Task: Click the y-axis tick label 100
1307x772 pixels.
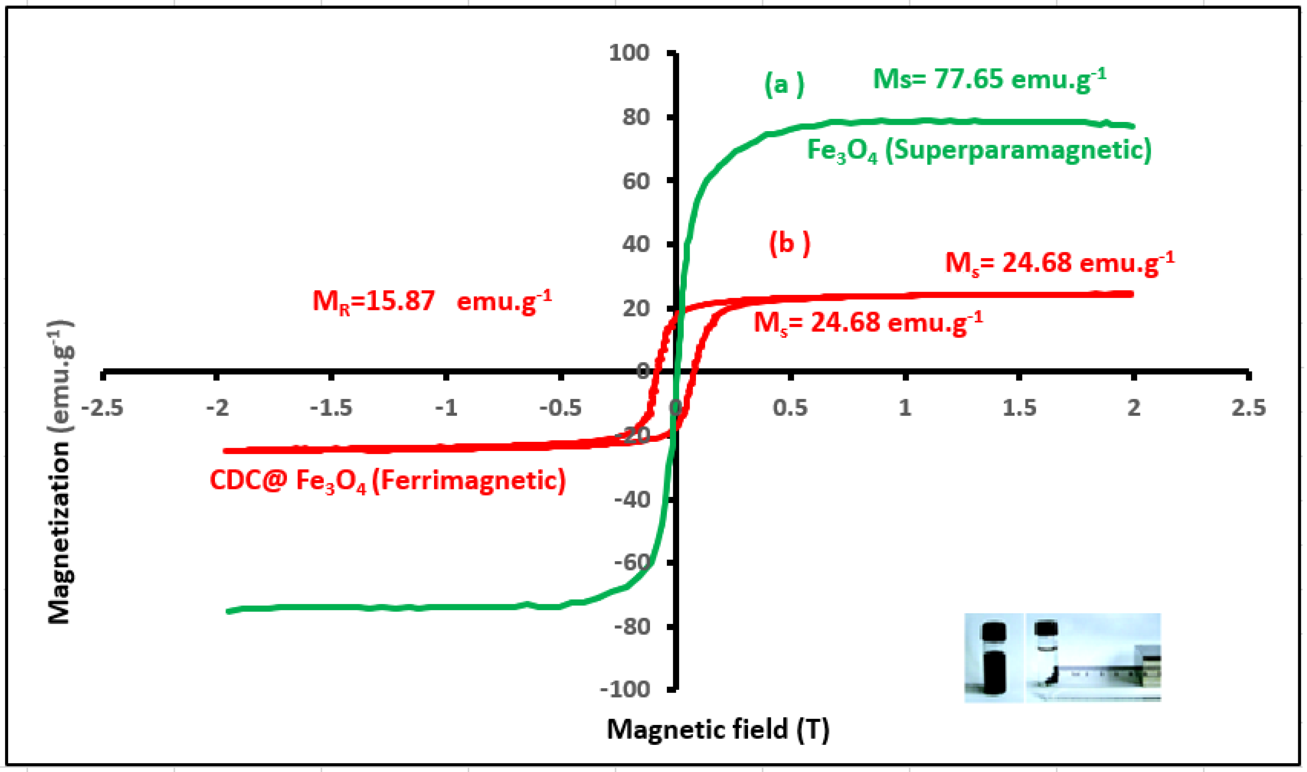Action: [x=629, y=53]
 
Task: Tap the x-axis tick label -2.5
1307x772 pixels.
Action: [x=103, y=408]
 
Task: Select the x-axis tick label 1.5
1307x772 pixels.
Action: [x=1019, y=408]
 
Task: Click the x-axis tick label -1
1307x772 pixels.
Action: [x=446, y=408]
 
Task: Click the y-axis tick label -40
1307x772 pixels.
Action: [x=632, y=500]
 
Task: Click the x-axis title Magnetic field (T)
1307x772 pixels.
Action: [x=718, y=729]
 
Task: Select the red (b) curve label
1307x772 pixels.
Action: [x=789, y=243]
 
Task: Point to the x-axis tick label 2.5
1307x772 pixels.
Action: [x=1248, y=408]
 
